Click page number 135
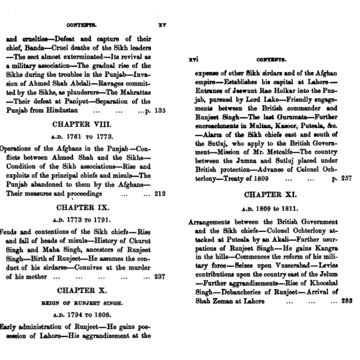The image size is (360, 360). tap(160, 110)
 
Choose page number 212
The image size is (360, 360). tap(160, 193)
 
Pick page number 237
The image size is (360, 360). tap(160, 277)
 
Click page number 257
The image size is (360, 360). tap(346, 178)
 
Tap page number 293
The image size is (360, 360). tap(347, 301)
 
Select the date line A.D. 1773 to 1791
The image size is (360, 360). tap(82, 220)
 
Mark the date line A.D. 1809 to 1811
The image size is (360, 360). tap(270, 208)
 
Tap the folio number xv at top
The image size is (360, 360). tap(163, 25)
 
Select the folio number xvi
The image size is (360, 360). tap(193, 60)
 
